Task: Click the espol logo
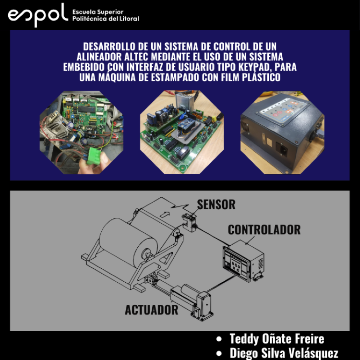click(38, 15)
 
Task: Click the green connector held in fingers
click(93, 156)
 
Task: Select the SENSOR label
click(216, 204)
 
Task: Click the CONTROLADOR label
click(264, 229)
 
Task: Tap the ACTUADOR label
click(152, 310)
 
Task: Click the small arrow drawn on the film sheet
click(165, 214)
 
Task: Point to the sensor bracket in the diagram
click(190, 222)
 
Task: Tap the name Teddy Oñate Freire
click(277, 339)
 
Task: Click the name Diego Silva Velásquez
click(284, 353)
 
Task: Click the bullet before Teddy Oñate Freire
click(219, 339)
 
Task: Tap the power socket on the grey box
click(282, 149)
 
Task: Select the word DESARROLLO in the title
click(109, 47)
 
